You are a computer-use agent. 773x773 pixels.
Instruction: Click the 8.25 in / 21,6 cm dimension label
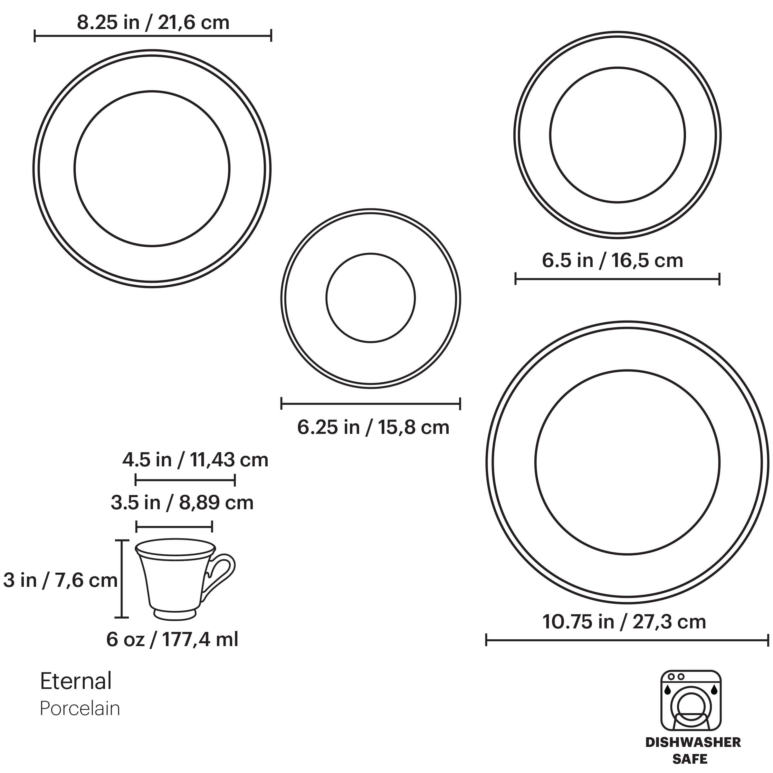click(153, 23)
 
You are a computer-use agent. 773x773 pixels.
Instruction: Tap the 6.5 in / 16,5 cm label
click(612, 261)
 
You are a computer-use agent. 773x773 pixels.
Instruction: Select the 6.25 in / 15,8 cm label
click(373, 427)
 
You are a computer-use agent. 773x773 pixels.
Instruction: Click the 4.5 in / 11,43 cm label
click(195, 460)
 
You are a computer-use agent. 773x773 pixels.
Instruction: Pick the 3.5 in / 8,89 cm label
click(182, 503)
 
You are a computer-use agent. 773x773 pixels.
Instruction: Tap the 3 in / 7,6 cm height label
click(60, 580)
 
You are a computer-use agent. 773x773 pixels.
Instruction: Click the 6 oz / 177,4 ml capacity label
click(172, 639)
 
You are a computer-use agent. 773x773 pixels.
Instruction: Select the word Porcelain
click(80, 709)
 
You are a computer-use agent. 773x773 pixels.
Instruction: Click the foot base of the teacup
click(175, 614)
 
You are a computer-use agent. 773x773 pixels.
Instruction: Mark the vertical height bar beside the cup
click(122, 578)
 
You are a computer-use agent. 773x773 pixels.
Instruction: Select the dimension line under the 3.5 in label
click(174, 527)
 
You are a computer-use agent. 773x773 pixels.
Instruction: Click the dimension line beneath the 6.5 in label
click(617, 279)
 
